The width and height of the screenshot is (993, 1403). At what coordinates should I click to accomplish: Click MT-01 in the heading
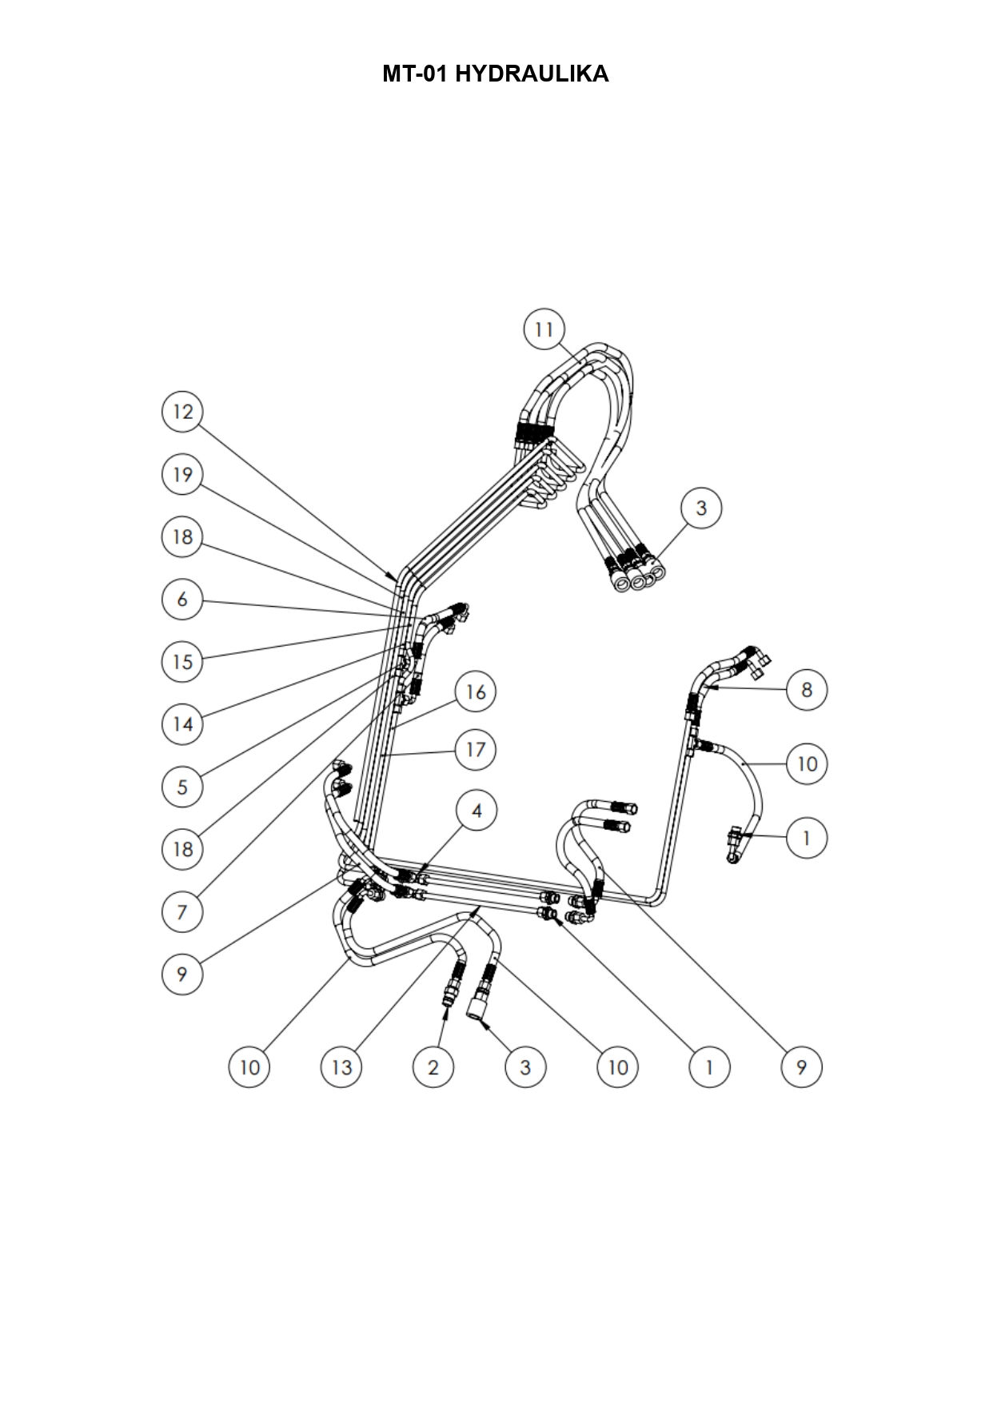tap(416, 74)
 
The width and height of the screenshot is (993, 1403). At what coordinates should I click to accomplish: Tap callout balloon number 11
tap(544, 329)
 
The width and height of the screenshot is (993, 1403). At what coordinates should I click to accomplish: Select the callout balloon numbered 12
tap(182, 412)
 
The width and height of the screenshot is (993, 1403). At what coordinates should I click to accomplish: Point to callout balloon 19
tap(182, 475)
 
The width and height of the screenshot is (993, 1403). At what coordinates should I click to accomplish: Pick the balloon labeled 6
tap(182, 599)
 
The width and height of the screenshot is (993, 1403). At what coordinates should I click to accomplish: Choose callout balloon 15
tap(182, 661)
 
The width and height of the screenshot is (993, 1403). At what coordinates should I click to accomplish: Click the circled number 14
tap(182, 724)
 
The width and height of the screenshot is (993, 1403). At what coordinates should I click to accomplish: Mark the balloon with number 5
tap(182, 787)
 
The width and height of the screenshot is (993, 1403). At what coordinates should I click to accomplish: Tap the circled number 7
tap(182, 911)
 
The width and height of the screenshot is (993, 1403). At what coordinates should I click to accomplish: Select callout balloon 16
tap(476, 692)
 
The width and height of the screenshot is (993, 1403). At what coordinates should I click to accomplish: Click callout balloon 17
tap(476, 750)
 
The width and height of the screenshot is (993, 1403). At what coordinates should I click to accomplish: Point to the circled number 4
tap(477, 811)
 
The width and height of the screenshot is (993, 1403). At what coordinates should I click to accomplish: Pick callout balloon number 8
tap(807, 689)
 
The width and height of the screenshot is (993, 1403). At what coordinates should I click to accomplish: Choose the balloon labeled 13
tap(341, 1067)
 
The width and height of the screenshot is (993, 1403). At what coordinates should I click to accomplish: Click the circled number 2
tap(433, 1067)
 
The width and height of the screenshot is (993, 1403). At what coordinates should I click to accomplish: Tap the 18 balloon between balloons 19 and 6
tap(182, 536)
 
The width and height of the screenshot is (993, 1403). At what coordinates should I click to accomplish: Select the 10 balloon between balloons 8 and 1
tap(807, 764)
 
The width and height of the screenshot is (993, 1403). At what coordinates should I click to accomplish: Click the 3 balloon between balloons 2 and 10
tap(525, 1067)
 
